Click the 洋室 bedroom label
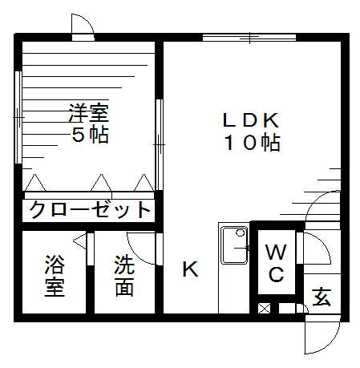pos(89,113)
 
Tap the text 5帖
pos(90,135)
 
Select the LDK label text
pos(251,120)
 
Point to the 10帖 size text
pos(253,143)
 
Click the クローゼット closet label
pos(90,210)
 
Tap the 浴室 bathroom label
pos(55,276)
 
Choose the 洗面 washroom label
pos(124,276)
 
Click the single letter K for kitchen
pos(190,269)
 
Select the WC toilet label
pos(276,263)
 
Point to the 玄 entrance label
pos(322,297)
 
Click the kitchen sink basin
pos(235,245)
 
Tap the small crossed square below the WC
pos(264,308)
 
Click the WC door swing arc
pos(324,242)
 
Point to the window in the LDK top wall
pos(249,38)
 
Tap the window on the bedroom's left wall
pos(18,117)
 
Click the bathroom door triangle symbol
pos(80,241)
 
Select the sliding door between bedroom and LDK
pos(160,144)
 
